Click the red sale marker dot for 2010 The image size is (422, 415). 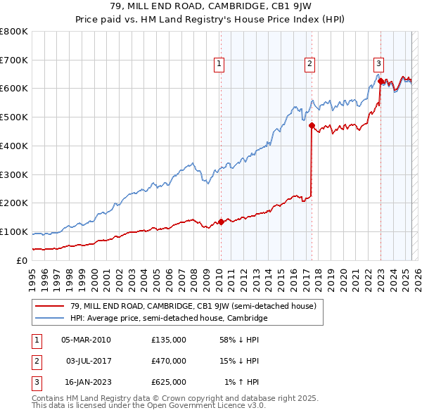221,222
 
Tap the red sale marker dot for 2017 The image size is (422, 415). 312,125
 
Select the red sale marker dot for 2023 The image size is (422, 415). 381,81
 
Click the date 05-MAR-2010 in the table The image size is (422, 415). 86,340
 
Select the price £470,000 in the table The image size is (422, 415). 169,361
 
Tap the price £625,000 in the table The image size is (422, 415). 169,382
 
